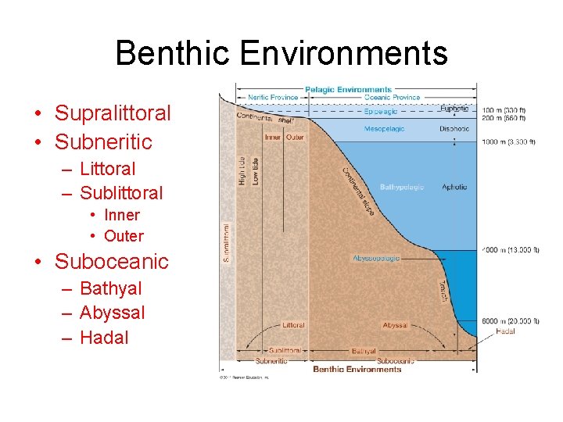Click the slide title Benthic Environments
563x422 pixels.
[x=281, y=53]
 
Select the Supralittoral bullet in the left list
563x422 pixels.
[x=112, y=113]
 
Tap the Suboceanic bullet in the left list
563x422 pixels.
[x=111, y=261]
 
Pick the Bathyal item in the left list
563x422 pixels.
[x=110, y=288]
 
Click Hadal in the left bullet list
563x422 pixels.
[x=103, y=338]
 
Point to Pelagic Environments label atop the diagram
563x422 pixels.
[x=348, y=90]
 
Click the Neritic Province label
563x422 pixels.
[x=273, y=98]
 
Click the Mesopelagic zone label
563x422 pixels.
[x=384, y=129]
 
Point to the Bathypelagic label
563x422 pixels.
[x=401, y=188]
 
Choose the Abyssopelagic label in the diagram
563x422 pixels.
[x=376, y=258]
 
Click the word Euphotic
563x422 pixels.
[x=455, y=109]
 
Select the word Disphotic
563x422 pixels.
[x=454, y=129]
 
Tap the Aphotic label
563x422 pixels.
[x=454, y=188]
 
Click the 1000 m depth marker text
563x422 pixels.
[x=508, y=142]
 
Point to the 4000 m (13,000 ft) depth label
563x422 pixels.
[x=510, y=250]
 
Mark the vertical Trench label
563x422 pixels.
[x=443, y=293]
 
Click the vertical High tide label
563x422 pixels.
[x=242, y=170]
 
